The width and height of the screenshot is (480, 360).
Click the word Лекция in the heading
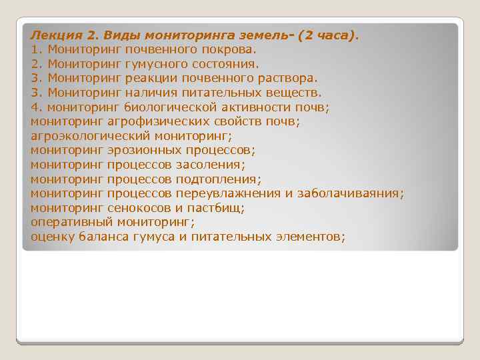coord(56,35)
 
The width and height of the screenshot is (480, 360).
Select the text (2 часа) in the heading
coord(326,35)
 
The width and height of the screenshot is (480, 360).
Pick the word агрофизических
coord(148,121)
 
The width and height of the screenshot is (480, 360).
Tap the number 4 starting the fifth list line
coord(34,107)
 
